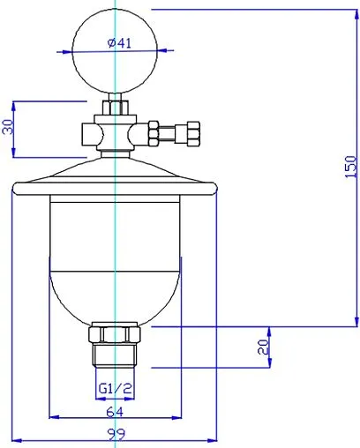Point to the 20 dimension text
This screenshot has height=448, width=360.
click(262, 348)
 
